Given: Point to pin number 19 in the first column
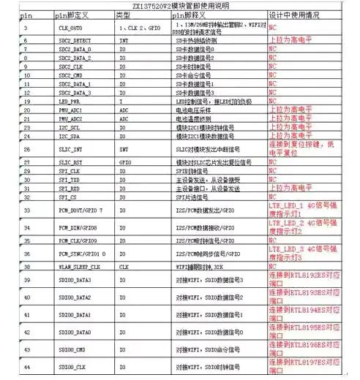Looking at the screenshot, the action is point(26,101).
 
